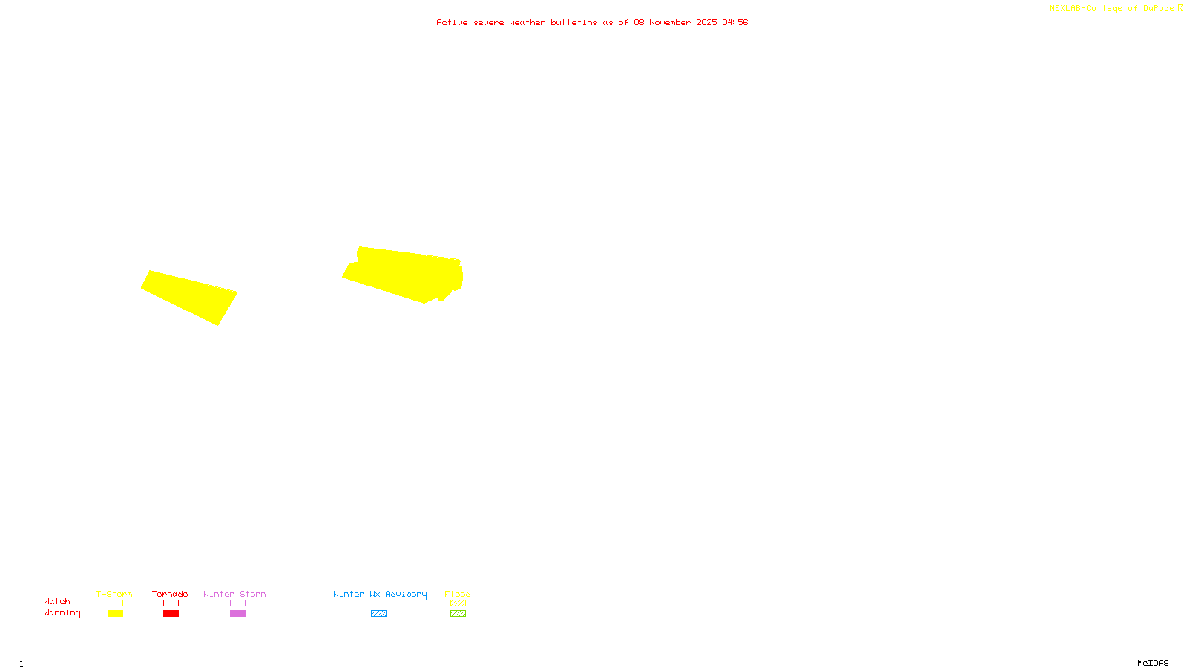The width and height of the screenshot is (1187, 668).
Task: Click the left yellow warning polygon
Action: click(x=191, y=296)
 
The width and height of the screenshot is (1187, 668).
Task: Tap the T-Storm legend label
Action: click(x=114, y=594)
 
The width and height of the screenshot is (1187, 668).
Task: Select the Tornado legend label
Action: click(x=170, y=594)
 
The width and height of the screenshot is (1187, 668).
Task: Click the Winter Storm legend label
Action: click(x=234, y=594)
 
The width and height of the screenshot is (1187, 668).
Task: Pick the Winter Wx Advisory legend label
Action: click(x=380, y=594)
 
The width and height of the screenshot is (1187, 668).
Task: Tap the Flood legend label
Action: click(x=458, y=594)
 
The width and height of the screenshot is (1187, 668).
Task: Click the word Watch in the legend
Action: click(x=57, y=601)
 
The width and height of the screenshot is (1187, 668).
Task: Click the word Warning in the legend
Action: click(x=62, y=613)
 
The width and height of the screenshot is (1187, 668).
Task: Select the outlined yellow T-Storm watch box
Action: click(x=115, y=603)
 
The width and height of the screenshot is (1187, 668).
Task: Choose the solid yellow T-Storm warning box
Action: click(x=115, y=614)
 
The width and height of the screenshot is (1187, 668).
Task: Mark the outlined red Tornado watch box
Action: click(x=171, y=603)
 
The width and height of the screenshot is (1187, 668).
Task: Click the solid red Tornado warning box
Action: click(x=171, y=614)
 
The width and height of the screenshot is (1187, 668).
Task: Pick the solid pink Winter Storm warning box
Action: click(x=237, y=614)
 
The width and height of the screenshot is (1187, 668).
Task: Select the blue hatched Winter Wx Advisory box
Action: click(x=378, y=614)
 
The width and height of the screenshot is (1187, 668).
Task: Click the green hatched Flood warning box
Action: click(x=458, y=614)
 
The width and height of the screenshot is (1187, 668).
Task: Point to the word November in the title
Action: click(x=670, y=22)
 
